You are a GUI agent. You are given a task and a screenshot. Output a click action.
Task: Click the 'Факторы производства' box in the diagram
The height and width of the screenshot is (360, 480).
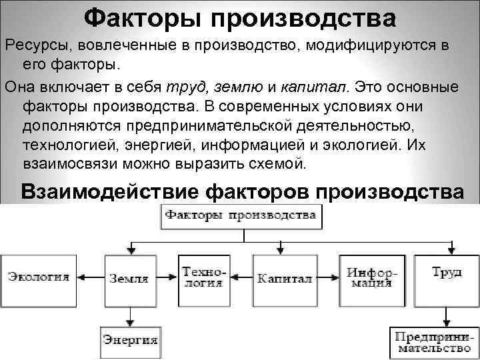[x=241, y=216]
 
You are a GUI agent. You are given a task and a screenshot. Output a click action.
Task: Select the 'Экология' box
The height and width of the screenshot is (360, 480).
[x=39, y=277]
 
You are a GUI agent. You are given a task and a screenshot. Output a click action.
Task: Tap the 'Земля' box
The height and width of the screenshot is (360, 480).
[x=128, y=278]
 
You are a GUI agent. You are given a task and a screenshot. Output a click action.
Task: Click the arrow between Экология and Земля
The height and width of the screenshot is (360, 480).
[x=91, y=277]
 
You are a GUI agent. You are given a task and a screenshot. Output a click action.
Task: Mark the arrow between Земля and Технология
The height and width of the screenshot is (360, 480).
[x=167, y=277]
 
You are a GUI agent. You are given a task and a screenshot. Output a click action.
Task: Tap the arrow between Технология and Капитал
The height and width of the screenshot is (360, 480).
[x=240, y=277]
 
